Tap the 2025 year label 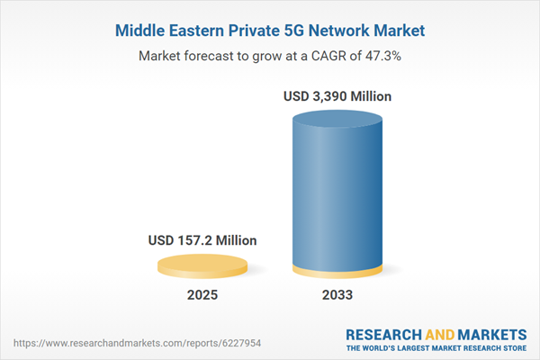(x=202, y=294)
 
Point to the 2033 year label (x=332, y=294)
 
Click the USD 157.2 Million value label (x=202, y=240)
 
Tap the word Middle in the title (x=141, y=31)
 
